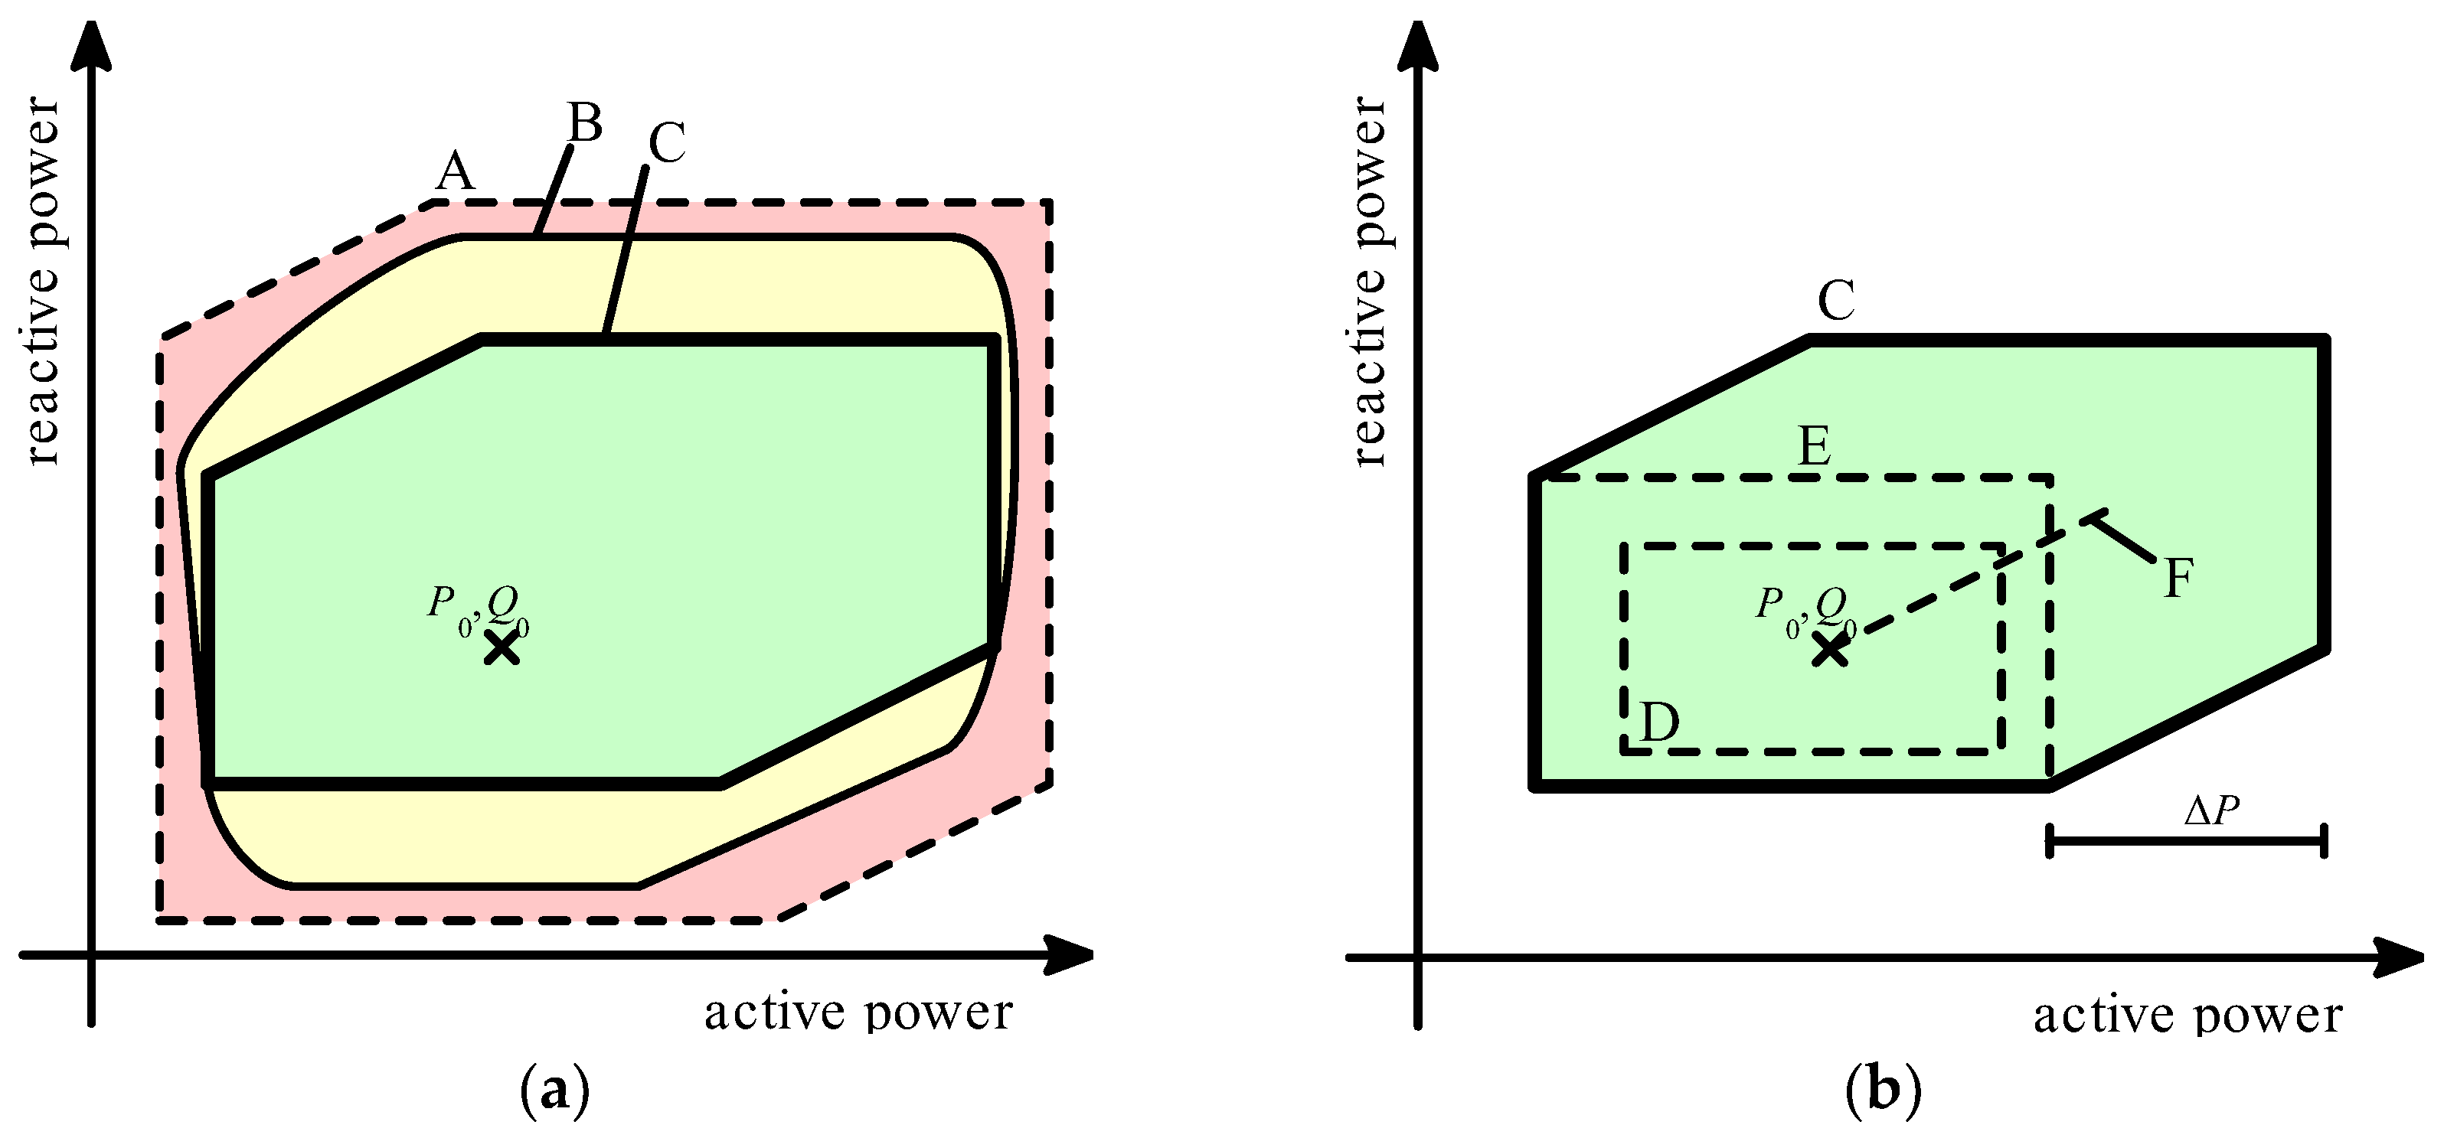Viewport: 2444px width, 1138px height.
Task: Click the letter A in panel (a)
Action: (x=456, y=174)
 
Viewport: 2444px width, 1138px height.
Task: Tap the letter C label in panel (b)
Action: (x=1836, y=302)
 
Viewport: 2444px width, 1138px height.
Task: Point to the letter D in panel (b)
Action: (x=1659, y=723)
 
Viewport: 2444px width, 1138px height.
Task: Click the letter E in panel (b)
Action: (x=1815, y=447)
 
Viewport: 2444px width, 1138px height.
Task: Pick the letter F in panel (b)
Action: (x=2178, y=579)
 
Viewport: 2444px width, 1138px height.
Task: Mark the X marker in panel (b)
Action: (x=1830, y=650)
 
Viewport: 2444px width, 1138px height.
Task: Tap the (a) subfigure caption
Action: (x=555, y=1091)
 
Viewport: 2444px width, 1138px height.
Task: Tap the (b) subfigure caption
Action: (x=1884, y=1091)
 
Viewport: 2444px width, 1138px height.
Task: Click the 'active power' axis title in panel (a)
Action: (x=858, y=1012)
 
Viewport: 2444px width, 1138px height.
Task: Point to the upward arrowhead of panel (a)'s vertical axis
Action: (x=91, y=43)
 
